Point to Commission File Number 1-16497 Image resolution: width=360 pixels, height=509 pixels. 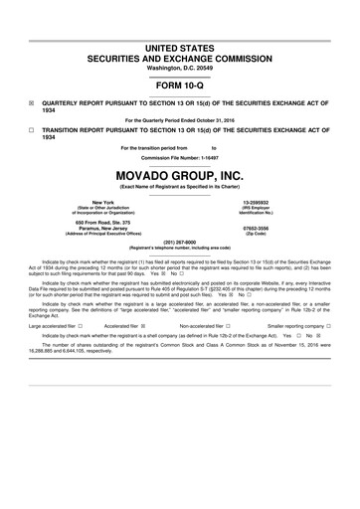[180, 158]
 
